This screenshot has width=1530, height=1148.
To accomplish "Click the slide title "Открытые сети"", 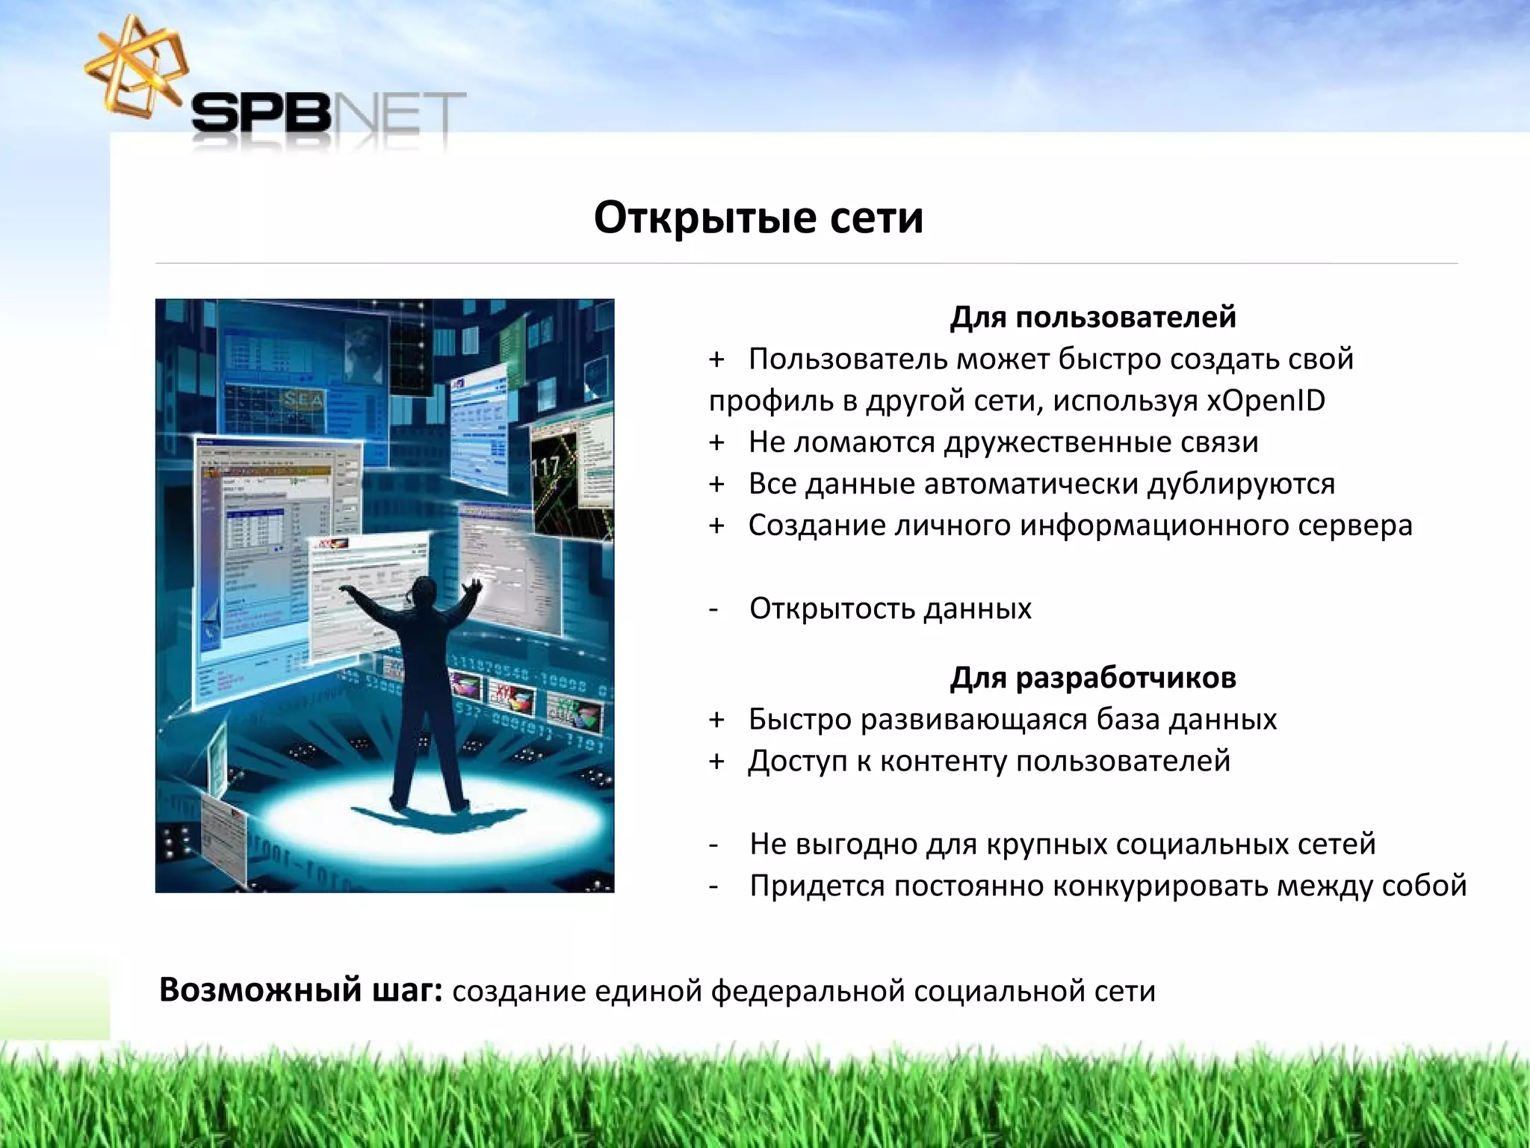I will [758, 218].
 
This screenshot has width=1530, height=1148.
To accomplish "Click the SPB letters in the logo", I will [260, 116].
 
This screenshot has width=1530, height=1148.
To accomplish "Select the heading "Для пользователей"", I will [1093, 317].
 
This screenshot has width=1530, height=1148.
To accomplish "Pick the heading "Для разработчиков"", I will [1093, 677].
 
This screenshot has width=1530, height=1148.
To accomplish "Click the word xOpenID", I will [1266, 401].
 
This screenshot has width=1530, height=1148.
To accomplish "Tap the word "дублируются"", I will [1241, 484].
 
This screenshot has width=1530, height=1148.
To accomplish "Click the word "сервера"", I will [1354, 525].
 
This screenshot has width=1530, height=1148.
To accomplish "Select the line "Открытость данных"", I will [890, 608].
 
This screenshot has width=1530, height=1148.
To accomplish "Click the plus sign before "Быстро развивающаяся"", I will [717, 720].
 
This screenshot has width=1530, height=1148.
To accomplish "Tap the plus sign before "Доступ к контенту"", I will [717, 762].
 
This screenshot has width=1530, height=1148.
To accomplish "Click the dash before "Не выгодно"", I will [715, 845].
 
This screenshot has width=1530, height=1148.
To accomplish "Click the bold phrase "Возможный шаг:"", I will [301, 990].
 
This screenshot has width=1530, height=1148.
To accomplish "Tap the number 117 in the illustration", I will [545, 467].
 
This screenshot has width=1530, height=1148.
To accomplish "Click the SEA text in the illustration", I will [303, 400].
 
